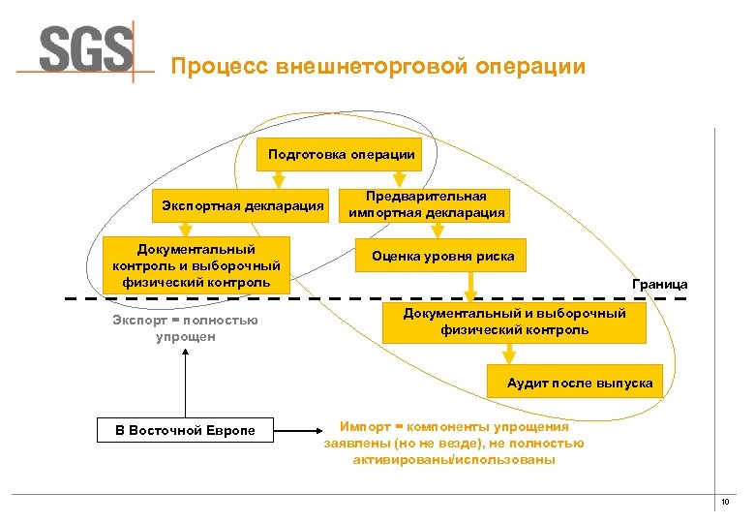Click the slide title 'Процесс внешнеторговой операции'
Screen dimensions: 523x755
coord(377,67)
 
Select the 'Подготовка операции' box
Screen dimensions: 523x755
coord(342,154)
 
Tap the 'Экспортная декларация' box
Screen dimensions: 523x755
coord(243,205)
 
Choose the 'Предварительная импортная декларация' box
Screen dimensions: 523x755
coord(426,204)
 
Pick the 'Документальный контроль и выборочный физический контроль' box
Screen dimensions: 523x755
coord(196,264)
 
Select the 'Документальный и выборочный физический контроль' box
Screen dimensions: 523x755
coord(514,322)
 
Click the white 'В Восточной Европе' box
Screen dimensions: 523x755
coord(185,429)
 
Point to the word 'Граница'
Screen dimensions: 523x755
coord(659,284)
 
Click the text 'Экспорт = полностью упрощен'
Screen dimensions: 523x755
coord(186,328)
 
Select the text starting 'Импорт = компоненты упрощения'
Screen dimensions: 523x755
coord(454,443)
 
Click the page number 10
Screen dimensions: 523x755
coord(724,502)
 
